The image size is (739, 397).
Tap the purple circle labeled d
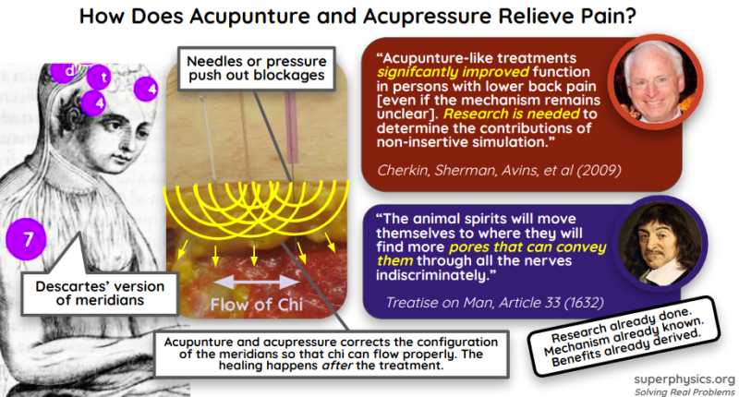67,69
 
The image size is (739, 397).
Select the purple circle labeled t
104,78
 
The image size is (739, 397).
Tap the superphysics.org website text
685,379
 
